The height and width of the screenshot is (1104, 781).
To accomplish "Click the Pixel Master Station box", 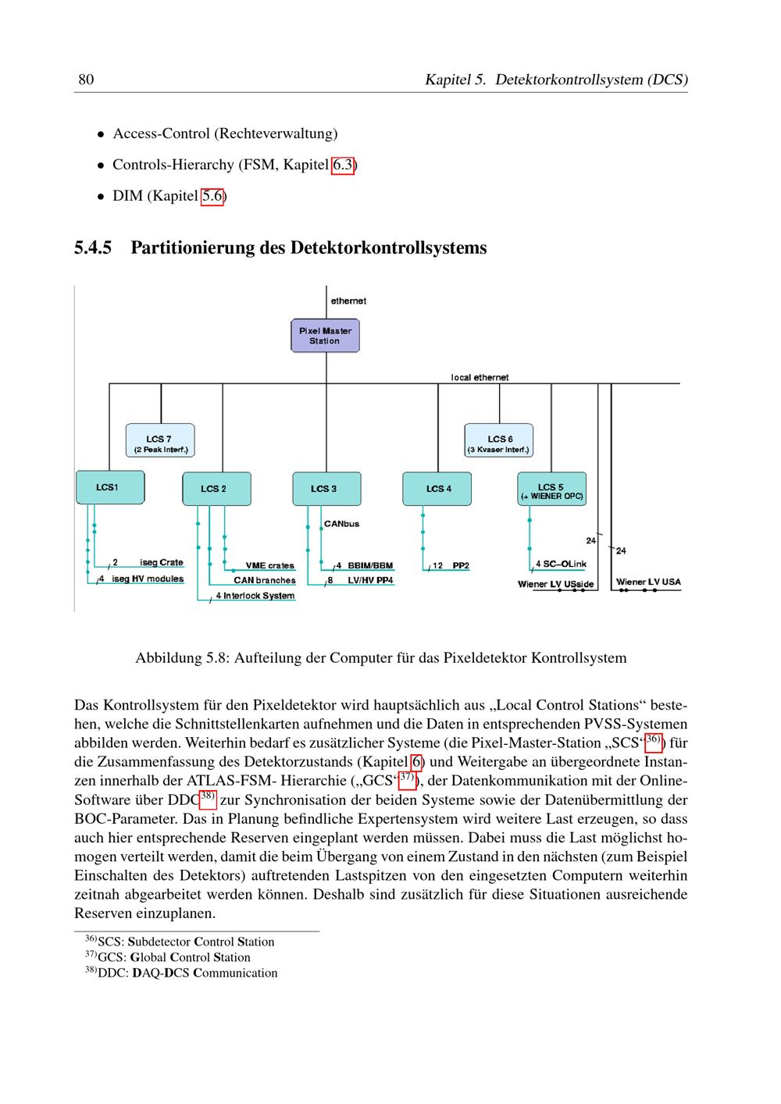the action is tap(325, 336).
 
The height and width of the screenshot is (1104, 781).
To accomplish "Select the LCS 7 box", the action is tap(160, 440).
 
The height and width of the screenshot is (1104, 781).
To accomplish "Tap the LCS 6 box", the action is tap(498, 440).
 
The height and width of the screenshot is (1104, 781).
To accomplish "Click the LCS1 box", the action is tap(110, 487).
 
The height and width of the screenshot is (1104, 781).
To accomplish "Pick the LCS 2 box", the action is tap(216, 489).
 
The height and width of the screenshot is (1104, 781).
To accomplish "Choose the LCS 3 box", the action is tap(326, 489).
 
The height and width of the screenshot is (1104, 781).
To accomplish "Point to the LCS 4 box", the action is tap(437, 489).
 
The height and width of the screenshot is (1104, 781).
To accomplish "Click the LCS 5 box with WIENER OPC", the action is tap(551, 489).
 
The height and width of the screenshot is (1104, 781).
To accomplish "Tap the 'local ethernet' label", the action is tap(480, 378).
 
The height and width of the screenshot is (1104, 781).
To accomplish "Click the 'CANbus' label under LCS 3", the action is tap(341, 524).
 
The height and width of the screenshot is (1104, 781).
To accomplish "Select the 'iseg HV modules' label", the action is tap(148, 579).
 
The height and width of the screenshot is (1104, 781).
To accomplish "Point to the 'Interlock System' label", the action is tap(259, 596).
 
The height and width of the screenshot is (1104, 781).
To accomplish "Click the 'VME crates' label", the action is tap(269, 565).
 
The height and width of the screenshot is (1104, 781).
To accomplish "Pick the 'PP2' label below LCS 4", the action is tap(461, 565).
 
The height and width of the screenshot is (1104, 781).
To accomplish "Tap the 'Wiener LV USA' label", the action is tap(648, 582).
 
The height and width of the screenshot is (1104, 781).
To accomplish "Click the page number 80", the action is tap(86, 80).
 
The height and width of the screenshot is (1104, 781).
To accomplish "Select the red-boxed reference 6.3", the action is tap(343, 165).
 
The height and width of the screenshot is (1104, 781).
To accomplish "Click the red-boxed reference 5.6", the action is tap(212, 196).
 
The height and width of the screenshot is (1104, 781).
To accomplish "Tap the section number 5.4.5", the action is tap(93, 248).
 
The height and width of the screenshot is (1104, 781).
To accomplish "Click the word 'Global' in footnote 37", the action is tap(148, 957).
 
